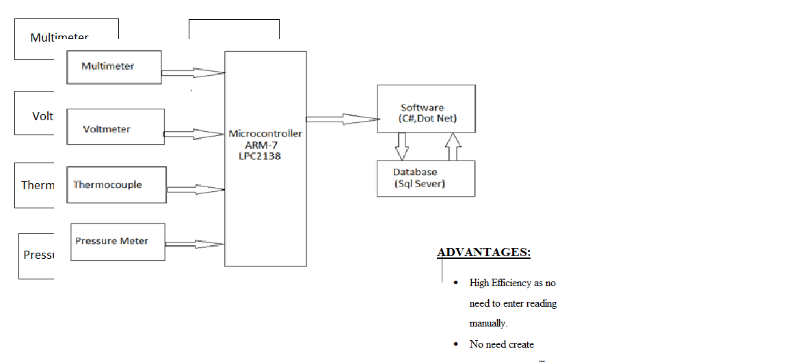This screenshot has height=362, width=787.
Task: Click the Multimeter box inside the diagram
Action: click(114, 67)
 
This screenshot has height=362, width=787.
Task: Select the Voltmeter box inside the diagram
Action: click(115, 127)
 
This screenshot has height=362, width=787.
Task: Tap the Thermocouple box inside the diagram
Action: click(116, 184)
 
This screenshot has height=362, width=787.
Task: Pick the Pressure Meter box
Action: click(118, 242)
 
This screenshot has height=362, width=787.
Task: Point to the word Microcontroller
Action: click(265, 134)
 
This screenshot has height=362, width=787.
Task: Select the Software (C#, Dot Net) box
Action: click(426, 109)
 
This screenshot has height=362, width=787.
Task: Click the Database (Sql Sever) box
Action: click(425, 178)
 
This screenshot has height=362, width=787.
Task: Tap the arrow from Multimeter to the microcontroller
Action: click(194, 72)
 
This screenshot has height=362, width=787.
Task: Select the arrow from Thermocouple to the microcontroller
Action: click(196, 189)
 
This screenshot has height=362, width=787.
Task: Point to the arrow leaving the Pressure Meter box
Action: click(195, 244)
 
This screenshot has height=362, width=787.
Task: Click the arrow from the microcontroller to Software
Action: click(342, 119)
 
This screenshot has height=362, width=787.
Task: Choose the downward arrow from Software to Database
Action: click(402, 145)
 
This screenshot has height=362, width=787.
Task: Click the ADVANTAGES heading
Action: click(483, 253)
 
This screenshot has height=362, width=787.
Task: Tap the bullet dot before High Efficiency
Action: click(456, 283)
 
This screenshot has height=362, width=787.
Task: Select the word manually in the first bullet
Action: click(488, 324)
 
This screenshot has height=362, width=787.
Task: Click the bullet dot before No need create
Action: click(456, 344)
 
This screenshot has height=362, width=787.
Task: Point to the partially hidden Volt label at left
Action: click(42, 116)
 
